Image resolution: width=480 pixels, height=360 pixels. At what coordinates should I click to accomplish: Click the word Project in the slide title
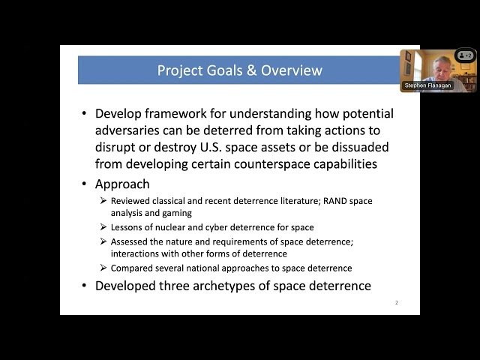180,70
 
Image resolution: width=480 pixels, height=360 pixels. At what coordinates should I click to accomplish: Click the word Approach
122,184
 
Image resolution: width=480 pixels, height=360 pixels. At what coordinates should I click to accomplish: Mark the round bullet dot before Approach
85,184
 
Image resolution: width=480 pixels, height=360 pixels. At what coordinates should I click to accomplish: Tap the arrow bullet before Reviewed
103,201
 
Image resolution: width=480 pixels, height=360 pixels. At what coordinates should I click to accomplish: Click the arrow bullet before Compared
103,268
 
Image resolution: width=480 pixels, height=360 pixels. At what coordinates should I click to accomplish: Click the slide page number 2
396,302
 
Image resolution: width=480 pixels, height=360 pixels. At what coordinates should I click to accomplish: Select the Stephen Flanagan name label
428,85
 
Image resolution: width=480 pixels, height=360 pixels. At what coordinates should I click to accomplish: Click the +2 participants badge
464,55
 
